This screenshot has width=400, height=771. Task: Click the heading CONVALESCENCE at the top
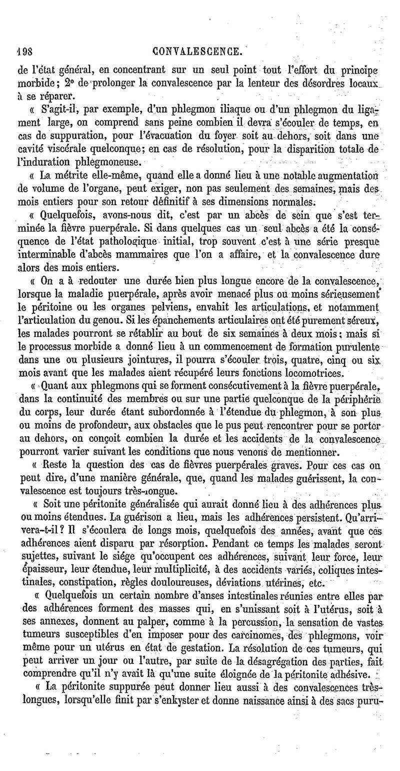(199, 51)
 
